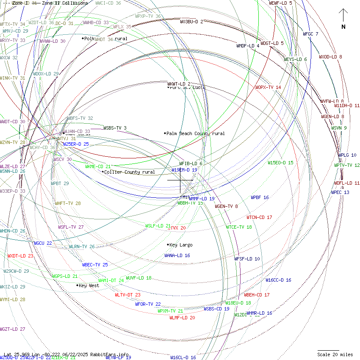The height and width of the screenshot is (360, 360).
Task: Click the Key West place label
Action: [89, 285]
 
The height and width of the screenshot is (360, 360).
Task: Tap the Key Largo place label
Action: [180, 245]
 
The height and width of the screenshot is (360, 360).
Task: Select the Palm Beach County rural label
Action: [195, 133]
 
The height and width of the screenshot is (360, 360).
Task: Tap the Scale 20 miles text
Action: [335, 354]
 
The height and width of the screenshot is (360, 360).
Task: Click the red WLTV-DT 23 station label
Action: [127, 295]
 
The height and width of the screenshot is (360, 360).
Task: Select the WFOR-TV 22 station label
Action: [148, 304]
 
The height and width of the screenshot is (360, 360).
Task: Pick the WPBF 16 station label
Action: [260, 198]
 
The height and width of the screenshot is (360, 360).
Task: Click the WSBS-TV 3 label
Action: [115, 128]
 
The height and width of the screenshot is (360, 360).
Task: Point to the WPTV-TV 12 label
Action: [347, 165]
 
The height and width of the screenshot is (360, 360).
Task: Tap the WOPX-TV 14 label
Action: [268, 87]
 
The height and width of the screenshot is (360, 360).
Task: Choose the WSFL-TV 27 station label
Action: [71, 227]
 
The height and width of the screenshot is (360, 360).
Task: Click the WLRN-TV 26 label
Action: [82, 246]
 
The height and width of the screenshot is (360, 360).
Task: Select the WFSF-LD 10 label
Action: [247, 259]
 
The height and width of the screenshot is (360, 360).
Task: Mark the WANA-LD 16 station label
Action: [177, 255]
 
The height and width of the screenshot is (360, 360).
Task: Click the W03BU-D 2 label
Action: [191, 22]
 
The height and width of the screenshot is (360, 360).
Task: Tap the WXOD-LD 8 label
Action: [330, 57]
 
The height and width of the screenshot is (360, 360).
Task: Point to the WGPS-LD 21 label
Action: [65, 276]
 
